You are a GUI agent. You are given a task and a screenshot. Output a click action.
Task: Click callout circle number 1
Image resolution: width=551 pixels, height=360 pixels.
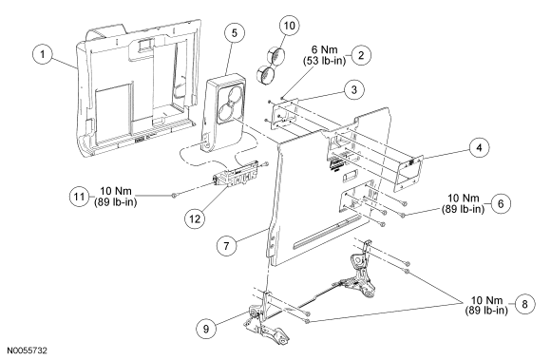(43, 54)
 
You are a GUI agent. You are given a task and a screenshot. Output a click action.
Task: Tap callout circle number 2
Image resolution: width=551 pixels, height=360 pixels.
(361, 55)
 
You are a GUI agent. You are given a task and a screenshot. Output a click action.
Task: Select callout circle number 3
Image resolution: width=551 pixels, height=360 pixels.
(353, 89)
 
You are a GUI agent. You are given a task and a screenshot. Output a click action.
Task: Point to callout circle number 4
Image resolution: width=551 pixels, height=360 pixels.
(480, 147)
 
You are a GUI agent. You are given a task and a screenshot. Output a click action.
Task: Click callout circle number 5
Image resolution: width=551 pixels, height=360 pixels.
(235, 33)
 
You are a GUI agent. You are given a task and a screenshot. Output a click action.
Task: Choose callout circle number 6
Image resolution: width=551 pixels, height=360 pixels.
(501, 203)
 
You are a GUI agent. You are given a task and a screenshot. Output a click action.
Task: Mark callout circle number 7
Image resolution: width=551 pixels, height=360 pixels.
(226, 245)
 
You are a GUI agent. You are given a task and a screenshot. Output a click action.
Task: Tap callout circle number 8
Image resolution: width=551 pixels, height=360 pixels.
(525, 304)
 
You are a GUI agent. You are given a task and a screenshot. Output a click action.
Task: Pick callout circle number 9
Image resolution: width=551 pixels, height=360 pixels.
(206, 329)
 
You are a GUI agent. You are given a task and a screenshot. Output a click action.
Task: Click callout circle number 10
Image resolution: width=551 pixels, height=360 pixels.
(290, 26)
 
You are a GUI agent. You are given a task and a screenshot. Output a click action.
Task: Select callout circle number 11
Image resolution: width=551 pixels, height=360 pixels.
(80, 197)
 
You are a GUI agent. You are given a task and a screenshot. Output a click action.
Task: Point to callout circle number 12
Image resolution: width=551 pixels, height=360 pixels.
(195, 218)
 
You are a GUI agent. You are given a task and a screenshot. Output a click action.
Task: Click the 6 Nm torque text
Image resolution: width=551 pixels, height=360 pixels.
(324, 49)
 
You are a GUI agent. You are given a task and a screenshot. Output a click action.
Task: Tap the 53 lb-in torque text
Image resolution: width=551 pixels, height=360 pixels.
(324, 61)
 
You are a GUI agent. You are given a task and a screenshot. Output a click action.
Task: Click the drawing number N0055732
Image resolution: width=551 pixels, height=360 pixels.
(28, 351)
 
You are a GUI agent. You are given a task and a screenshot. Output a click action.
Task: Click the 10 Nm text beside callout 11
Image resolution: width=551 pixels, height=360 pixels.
(116, 191)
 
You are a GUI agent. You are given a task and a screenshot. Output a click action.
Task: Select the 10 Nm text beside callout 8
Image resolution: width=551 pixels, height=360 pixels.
(486, 300)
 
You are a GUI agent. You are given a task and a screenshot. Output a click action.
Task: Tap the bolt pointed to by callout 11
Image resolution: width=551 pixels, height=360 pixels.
(174, 196)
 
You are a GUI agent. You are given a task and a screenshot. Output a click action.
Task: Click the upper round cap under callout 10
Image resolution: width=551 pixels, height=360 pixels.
(275, 55)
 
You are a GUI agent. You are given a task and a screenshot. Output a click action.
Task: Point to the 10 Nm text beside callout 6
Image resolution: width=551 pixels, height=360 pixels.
(464, 198)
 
